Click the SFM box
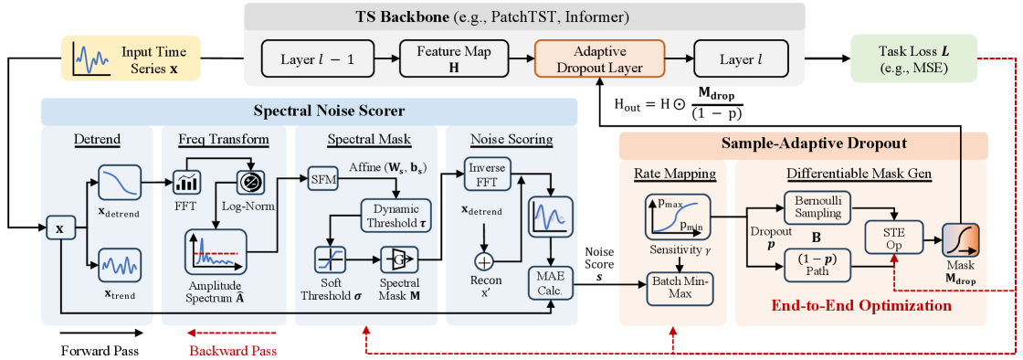coord(322,177)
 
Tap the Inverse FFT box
coord(486,175)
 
